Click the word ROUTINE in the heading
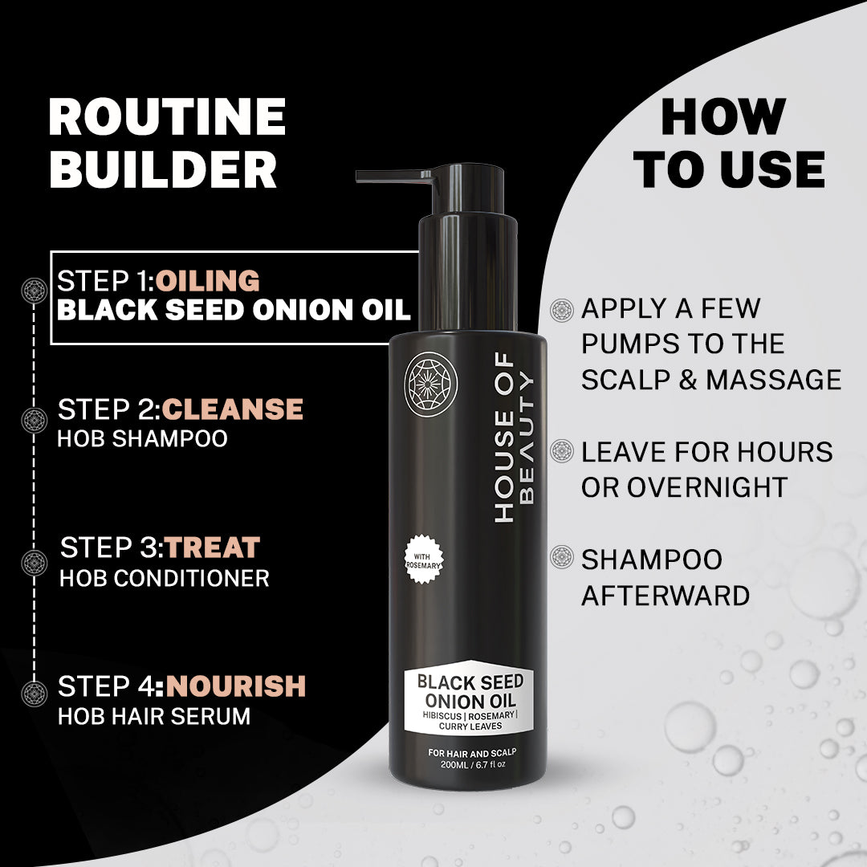tap(167, 116)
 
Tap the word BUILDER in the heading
tap(163, 169)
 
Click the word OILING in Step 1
tap(207, 280)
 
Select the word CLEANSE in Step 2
tap(232, 409)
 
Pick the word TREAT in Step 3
tap(212, 547)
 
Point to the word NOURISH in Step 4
tap(235, 686)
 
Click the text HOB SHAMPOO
tap(143, 438)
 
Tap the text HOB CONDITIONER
tap(165, 578)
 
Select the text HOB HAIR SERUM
tap(154, 716)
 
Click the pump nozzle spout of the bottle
tap(393, 177)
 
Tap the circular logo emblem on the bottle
tap(431, 385)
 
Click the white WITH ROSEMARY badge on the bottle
tap(424, 560)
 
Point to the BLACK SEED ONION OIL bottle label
tap(470, 698)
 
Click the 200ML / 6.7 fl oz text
tap(473, 765)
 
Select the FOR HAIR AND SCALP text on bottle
tap(472, 752)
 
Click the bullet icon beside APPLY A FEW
tap(562, 310)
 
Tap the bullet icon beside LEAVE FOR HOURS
tap(562, 451)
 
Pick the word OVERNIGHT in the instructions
tap(706, 487)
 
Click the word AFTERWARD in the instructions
tap(666, 596)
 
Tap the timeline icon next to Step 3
tap(35, 563)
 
